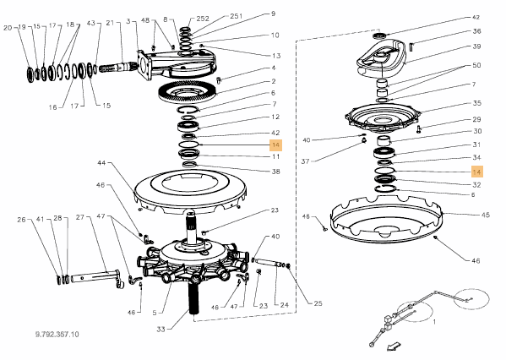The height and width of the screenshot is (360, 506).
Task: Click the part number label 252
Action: [203, 19]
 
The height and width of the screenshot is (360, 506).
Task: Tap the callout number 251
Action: [237, 16]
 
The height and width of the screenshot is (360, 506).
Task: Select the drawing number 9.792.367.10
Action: [57, 334]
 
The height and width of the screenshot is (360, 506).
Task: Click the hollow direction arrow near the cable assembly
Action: [394, 346]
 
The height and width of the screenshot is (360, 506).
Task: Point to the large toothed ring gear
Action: [188, 91]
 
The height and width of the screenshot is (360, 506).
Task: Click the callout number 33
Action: [161, 329]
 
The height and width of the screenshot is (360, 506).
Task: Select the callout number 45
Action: [486, 215]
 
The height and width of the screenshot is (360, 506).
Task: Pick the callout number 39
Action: [476, 46]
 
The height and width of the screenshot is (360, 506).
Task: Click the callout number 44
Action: [101, 163]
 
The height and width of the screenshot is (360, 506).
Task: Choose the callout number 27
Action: [80, 217]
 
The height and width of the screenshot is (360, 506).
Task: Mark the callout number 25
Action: [318, 303]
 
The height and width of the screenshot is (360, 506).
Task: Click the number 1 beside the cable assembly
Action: [434, 322]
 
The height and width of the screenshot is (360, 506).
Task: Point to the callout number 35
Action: [477, 103]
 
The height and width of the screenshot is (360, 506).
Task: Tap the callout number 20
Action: [8, 28]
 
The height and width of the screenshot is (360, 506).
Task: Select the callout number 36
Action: [476, 31]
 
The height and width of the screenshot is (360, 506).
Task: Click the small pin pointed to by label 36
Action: [411, 46]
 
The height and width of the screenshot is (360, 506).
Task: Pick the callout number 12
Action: [275, 117]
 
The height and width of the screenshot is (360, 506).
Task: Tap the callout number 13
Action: [276, 56]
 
